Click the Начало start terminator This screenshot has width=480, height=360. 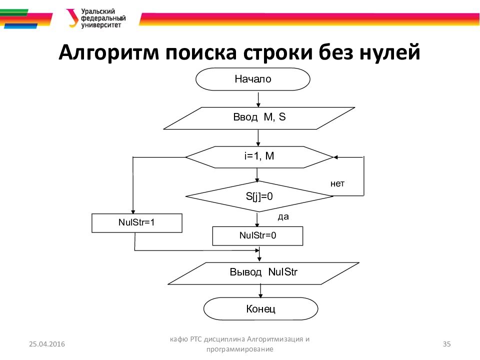pyautogui.click(x=252, y=79)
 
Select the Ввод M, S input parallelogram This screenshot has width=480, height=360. pyautogui.click(x=259, y=118)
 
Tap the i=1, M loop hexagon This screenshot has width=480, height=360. pyautogui.click(x=259, y=157)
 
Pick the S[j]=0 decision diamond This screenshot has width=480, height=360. pyautogui.click(x=259, y=196)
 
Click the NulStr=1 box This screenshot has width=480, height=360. pyautogui.click(x=137, y=223)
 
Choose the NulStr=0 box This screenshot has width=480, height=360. pyautogui.click(x=257, y=235)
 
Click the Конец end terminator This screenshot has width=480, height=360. pyautogui.click(x=260, y=309)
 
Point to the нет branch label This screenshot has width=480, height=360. pyautogui.click(x=337, y=183)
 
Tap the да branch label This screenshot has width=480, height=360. pyautogui.click(x=283, y=217)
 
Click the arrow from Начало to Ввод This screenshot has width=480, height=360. pyautogui.click(x=258, y=98)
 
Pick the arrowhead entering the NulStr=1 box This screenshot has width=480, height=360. pyautogui.click(x=133, y=211)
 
